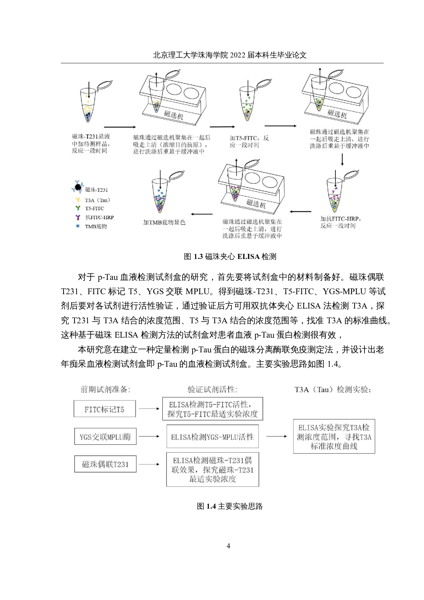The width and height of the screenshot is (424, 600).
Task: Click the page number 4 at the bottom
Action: click(228, 546)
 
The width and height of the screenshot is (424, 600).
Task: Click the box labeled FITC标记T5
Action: click(105, 409)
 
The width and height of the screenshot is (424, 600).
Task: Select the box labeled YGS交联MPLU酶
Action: click(105, 437)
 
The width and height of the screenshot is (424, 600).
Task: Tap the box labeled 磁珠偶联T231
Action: click(105, 464)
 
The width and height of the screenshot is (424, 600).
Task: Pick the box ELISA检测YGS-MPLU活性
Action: click(212, 437)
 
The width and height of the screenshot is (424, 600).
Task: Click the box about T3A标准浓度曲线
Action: click(334, 437)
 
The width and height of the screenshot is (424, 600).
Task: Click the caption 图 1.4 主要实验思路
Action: click(229, 506)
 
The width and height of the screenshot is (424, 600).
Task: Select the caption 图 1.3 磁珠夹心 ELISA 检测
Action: click(230, 257)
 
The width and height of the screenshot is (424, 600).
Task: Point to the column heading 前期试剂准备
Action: click(105, 389)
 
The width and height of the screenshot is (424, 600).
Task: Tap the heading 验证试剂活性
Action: click(212, 389)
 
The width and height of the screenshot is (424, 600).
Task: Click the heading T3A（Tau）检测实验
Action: click(333, 389)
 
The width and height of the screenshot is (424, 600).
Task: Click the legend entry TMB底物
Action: click(96, 226)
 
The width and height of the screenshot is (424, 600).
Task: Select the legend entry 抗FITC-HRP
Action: click(99, 218)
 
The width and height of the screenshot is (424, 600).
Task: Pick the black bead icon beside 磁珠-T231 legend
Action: click(78, 187)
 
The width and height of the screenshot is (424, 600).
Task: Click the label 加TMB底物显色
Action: click(164, 222)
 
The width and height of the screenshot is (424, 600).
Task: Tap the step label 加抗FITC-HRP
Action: click(341, 219)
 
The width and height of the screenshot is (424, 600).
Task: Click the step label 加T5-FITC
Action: click(249, 138)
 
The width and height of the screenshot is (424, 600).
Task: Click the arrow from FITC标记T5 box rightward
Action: click(149, 409)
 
